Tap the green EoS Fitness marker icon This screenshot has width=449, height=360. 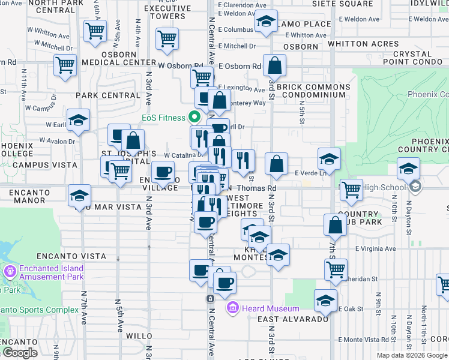[194, 117]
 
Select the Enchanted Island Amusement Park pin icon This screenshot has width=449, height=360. [10, 272]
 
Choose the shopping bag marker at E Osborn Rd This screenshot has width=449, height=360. [274, 66]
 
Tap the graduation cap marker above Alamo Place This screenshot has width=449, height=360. [266, 22]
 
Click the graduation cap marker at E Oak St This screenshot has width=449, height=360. [325, 301]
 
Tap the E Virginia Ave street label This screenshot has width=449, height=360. [376, 248]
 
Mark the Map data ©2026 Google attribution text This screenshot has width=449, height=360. [411, 355]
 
